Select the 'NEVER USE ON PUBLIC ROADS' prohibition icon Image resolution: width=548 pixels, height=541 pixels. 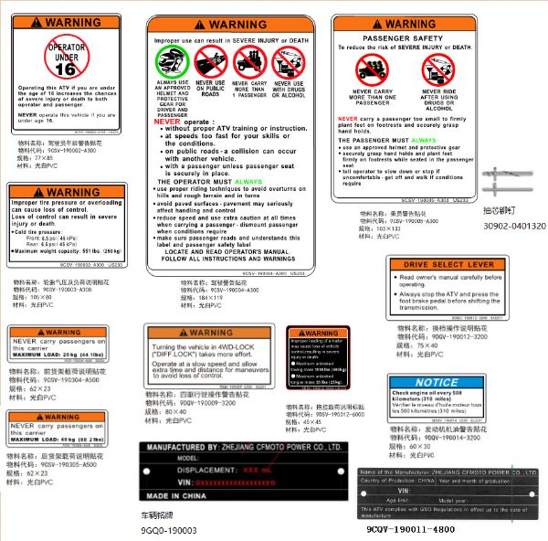[209, 63]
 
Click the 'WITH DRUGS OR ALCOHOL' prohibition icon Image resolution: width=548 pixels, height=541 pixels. [286, 63]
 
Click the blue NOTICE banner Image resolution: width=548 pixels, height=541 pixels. [435, 382]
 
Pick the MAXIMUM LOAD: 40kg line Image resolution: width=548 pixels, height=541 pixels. [57, 438]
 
